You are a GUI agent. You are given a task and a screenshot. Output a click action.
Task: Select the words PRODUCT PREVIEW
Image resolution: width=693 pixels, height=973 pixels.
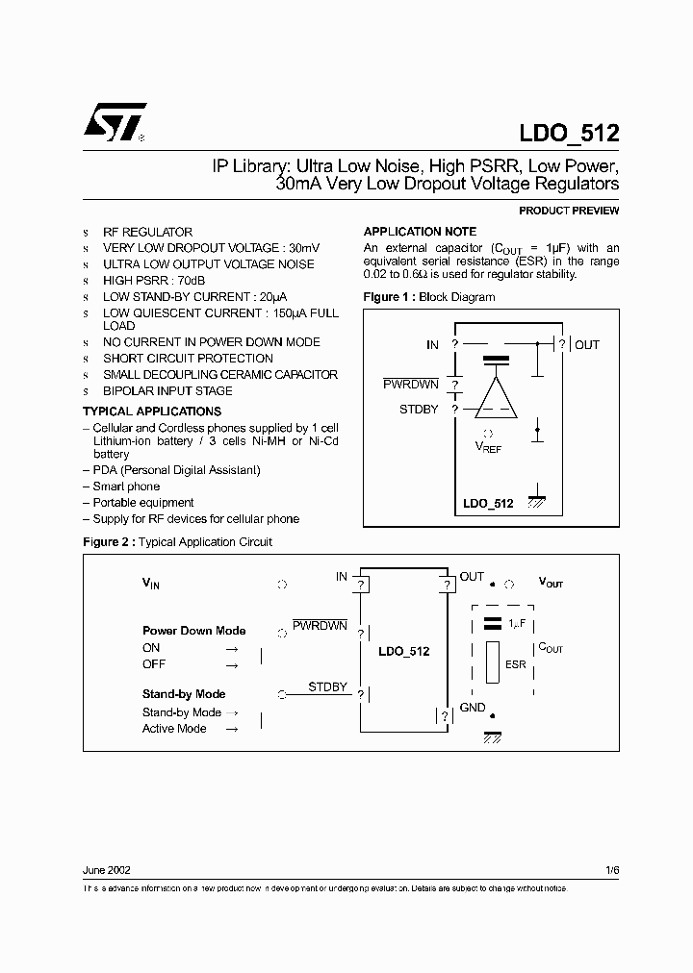click(569, 211)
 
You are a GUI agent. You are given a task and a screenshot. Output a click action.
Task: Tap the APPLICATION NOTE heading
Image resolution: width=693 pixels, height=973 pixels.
click(419, 232)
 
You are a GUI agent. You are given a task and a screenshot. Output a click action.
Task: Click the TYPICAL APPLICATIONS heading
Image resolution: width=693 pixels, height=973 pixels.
click(152, 412)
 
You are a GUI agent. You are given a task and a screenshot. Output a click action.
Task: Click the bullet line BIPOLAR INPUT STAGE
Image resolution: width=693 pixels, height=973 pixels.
click(167, 391)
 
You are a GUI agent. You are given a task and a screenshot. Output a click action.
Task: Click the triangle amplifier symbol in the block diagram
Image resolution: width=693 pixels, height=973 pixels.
click(497, 397)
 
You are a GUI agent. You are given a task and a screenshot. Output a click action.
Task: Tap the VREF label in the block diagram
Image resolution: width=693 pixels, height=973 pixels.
click(489, 447)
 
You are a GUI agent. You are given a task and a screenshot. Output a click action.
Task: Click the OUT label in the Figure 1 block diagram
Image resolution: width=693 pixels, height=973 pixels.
click(586, 344)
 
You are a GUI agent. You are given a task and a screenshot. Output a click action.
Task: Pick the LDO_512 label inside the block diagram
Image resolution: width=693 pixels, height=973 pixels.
click(488, 503)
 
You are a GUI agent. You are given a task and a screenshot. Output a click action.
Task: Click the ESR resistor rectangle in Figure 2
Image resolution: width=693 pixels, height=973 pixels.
click(493, 664)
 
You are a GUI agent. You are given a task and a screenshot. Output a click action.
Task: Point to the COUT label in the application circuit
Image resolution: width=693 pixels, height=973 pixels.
click(551, 648)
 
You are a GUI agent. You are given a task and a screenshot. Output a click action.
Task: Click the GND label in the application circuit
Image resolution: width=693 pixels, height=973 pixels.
click(473, 708)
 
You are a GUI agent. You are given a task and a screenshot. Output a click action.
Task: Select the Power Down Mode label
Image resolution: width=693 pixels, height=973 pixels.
click(193, 631)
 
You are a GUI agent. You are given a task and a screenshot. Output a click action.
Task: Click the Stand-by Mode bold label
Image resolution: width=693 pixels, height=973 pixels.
click(184, 694)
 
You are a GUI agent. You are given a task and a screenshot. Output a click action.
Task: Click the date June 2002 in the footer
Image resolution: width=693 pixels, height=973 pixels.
click(107, 870)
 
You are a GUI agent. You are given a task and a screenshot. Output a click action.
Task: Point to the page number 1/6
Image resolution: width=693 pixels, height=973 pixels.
click(612, 870)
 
